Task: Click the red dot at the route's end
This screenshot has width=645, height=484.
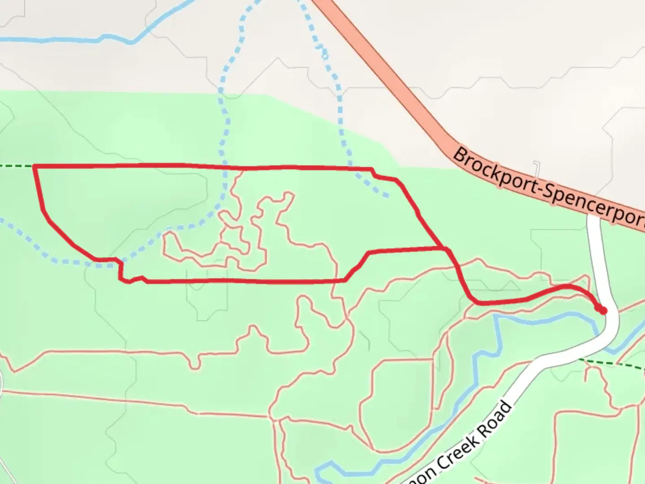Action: pyautogui.click(x=603, y=310)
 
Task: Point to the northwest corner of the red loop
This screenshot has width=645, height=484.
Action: pyautogui.click(x=34, y=166)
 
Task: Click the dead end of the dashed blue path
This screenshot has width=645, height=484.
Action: pyautogui.click(x=386, y=195)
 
